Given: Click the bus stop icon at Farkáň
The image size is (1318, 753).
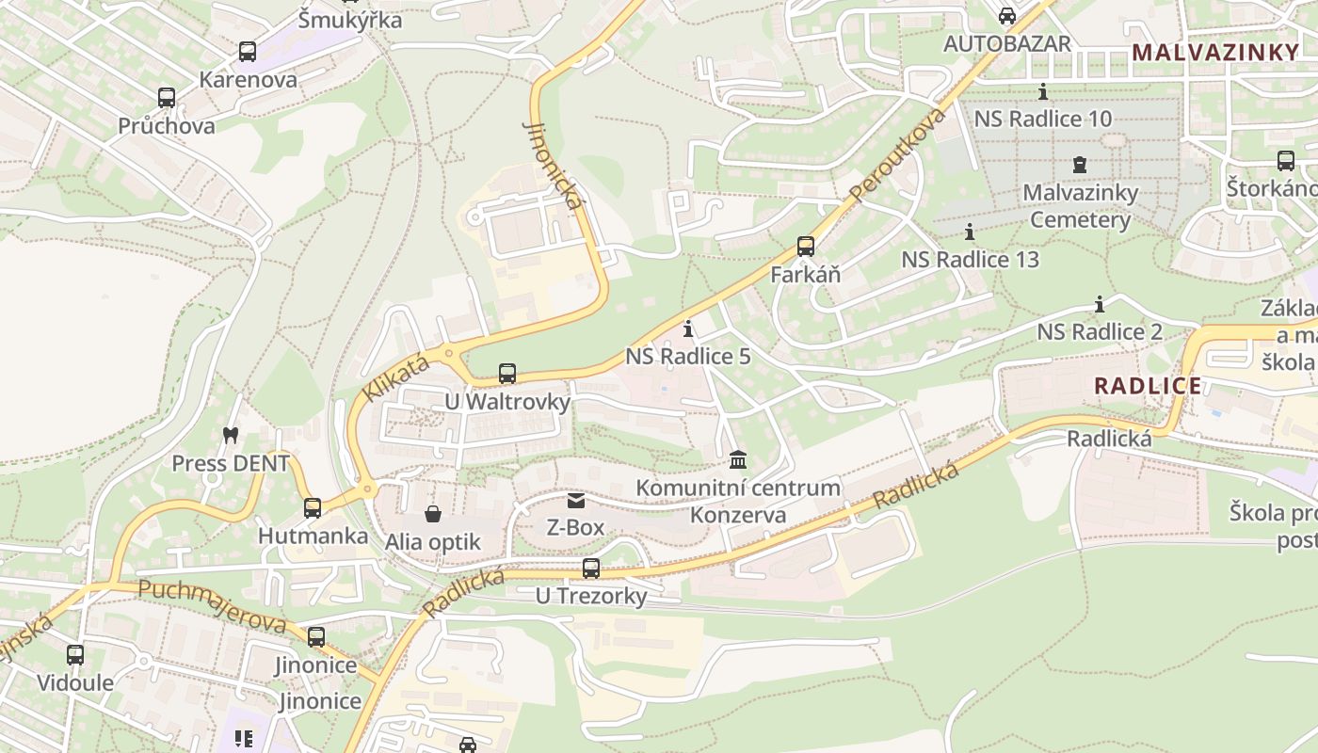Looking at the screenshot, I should pos(806,247).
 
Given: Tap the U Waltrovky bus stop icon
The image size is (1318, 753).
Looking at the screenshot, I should pos(507,374).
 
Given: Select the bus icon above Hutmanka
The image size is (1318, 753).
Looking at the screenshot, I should pos(313,508).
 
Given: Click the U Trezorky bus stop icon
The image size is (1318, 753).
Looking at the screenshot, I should pos(591,569).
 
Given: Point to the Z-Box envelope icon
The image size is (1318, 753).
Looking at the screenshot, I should pos(575,501).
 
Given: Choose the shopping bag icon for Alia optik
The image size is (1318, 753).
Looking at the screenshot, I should pos(433,514).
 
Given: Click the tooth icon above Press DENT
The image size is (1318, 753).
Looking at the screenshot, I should pos(230,435).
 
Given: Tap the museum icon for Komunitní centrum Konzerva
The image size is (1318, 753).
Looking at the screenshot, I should pos(739,460).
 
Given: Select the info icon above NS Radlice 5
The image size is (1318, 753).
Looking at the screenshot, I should pos(688,328).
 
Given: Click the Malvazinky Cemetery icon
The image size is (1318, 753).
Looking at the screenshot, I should pos(1080,165).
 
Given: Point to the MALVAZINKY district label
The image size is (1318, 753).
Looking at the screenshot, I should pos(1215,53).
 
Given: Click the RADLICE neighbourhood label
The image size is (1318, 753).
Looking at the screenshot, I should pos(1148,385).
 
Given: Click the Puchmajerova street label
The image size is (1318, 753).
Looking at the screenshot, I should pos(213,606).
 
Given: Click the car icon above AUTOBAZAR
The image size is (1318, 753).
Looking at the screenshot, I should pos(1007,16).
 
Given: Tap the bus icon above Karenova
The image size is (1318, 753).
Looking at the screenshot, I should pos(248,52).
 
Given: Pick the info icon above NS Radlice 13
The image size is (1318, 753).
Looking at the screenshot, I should pos(970,232).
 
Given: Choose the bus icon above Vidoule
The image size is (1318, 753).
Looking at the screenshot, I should pos(75,654).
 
